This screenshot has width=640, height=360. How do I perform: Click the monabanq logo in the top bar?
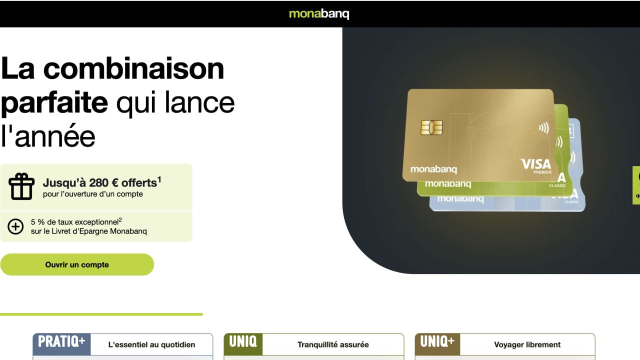pyautogui.click(x=319, y=14)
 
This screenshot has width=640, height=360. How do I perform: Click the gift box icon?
pyautogui.click(x=21, y=186)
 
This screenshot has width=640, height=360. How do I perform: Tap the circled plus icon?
pyautogui.click(x=15, y=226)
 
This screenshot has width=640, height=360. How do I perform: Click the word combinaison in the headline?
pyautogui.click(x=133, y=68)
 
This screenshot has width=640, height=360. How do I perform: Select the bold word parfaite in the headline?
pyautogui.click(x=54, y=102)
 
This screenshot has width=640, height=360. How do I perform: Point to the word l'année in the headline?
pyautogui.click(x=48, y=135)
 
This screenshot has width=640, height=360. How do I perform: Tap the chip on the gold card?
pyautogui.click(x=431, y=127)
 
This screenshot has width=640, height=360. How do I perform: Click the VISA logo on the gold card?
pyautogui.click(x=535, y=164)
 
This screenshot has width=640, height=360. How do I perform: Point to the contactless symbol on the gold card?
pyautogui.click(x=543, y=128)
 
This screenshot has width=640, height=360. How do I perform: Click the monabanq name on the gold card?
pyautogui.click(x=433, y=169)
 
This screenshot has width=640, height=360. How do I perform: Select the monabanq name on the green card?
pyautogui.click(x=447, y=184)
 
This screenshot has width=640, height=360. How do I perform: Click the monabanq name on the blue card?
pyautogui.click(x=460, y=199)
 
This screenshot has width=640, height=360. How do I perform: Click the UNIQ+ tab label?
pyautogui.click(x=437, y=342)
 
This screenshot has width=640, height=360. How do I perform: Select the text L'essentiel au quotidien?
pyautogui.click(x=151, y=344)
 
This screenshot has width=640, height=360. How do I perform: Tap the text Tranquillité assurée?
pyautogui.click(x=333, y=344)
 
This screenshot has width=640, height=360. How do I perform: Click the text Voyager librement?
pyautogui.click(x=527, y=344)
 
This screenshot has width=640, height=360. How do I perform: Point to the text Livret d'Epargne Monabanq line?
pyautogui.click(x=88, y=231)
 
